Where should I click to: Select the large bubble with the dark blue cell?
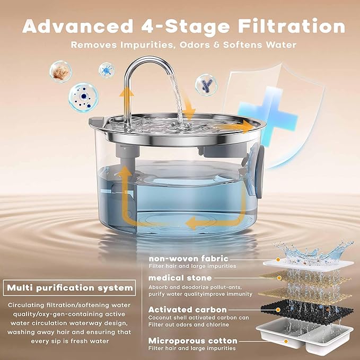83,96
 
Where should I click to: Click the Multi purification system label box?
69,288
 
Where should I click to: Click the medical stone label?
180,278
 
